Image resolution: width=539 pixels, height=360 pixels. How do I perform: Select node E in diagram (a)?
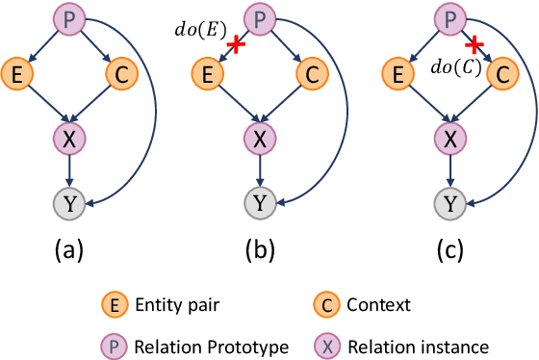pos(16,72)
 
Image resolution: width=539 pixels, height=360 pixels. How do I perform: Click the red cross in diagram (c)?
pos(473,46)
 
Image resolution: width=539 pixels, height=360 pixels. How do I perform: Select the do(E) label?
pos(199,27)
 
